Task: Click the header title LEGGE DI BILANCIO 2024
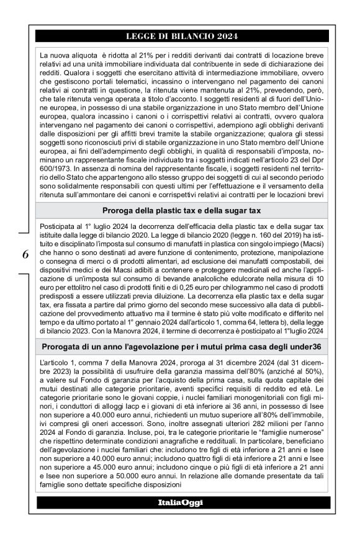(180, 36)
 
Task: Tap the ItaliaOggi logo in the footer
(180, 502)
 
